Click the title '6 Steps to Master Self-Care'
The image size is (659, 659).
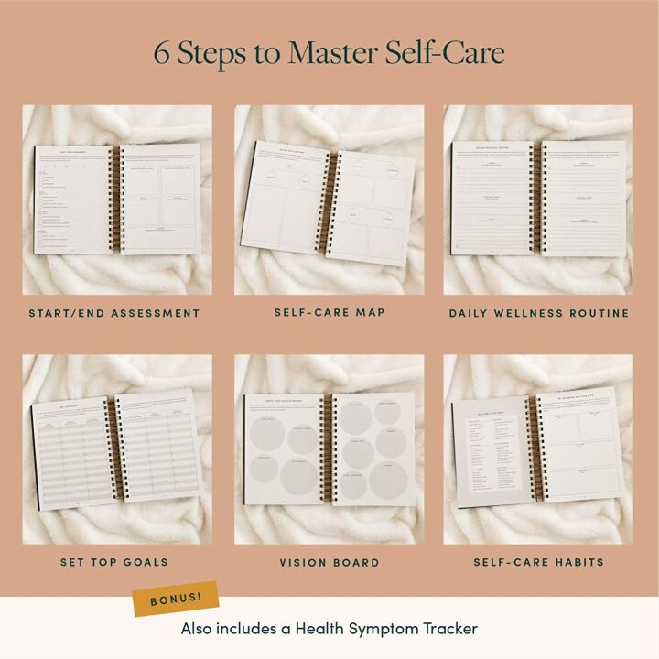tap(329, 53)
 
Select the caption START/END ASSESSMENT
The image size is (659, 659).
tap(114, 313)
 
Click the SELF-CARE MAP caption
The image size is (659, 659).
tap(329, 312)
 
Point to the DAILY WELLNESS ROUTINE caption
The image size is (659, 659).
tap(538, 313)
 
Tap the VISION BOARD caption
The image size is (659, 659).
tap(329, 562)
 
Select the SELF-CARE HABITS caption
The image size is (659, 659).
tap(538, 562)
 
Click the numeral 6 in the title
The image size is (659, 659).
tap(162, 53)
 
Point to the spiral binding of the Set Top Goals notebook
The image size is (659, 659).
tap(116, 448)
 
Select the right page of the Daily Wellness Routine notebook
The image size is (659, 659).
tap(585, 197)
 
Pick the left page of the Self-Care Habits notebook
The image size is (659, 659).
tap(490, 453)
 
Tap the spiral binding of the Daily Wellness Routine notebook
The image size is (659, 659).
tap(538, 197)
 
